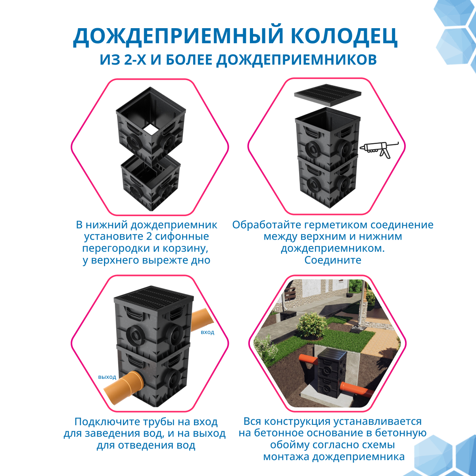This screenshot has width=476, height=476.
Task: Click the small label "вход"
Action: point(207,332)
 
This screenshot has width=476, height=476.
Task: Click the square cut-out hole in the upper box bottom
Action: point(151,129)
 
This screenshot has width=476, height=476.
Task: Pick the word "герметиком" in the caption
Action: point(337,225)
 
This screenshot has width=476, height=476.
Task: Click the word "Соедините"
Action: point(332,260)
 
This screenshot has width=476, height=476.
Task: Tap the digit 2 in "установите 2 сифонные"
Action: point(149,236)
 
